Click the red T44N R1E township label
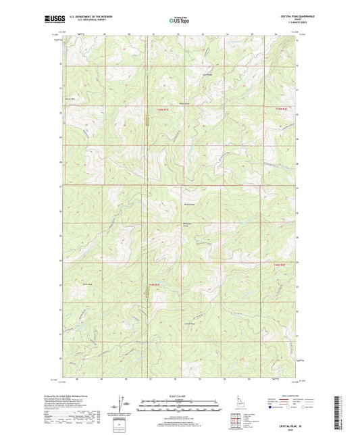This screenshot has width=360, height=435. pos(153,284)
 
